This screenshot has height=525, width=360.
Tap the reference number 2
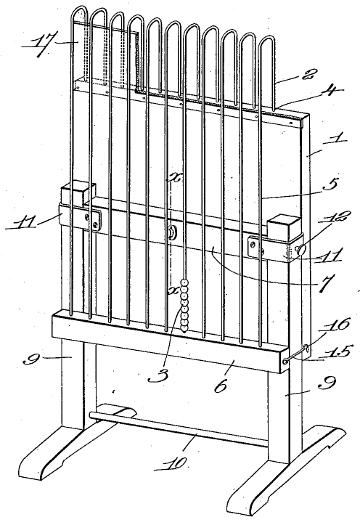coord(306,74)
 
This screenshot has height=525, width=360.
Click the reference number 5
coord(331,185)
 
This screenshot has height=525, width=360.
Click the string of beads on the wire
coord(184,306)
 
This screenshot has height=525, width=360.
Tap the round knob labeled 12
coord(301,250)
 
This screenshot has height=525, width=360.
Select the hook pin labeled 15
coord(296,355)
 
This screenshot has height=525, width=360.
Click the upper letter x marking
coord(174,178)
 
